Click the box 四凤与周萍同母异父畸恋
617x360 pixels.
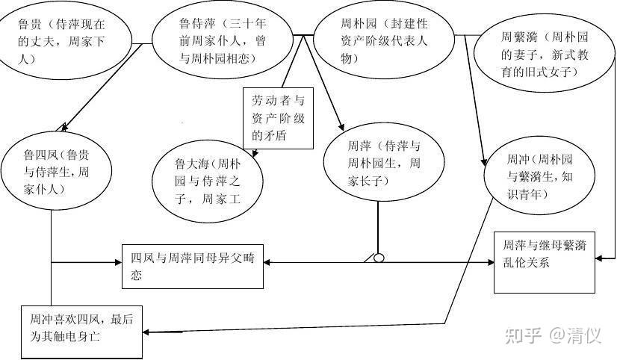coord(192,265)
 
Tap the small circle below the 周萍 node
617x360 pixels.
coord(379,258)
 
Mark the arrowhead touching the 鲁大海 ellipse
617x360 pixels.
coord(255,153)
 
